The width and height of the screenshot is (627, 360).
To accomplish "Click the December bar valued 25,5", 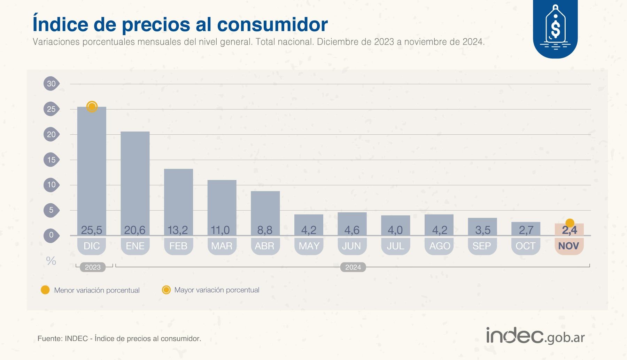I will click(92, 167).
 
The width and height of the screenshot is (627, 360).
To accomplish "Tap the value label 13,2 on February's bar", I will click(178, 230).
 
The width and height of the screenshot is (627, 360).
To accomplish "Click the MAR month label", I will click(222, 246).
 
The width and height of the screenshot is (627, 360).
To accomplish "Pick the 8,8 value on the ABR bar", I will click(265, 230).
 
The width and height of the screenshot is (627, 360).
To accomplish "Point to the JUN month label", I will click(351, 246).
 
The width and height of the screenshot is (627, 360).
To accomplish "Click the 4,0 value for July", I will click(395, 230).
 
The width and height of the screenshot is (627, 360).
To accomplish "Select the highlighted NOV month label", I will click(568, 246).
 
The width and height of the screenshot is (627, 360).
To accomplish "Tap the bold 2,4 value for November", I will click(569, 230).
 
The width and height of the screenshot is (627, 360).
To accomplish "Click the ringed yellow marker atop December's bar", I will click(92, 107).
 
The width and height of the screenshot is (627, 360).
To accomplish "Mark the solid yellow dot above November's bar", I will click(570, 223).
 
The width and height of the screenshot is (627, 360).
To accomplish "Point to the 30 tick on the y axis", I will click(51, 84).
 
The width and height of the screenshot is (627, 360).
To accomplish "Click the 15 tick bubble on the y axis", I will click(51, 160).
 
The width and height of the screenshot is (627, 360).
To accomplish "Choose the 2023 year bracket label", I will click(93, 267).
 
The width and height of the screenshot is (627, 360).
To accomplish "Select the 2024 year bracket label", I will click(353, 267).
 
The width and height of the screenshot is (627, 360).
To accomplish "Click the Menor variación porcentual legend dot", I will click(45, 290).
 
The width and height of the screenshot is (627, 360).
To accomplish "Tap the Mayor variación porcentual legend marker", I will click(166, 290).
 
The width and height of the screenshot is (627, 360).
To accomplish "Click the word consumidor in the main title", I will click(272, 24).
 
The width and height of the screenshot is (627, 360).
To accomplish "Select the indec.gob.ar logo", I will click(535, 336).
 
